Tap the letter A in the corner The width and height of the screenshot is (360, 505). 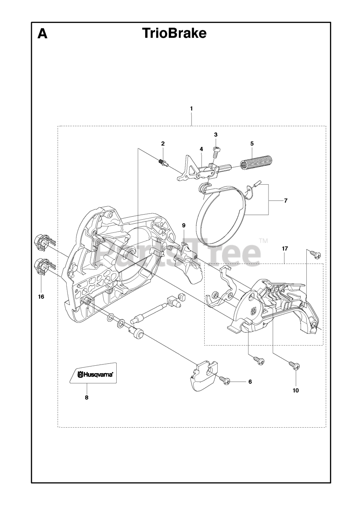pyautogui.click(x=42, y=34)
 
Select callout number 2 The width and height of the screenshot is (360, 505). pyautogui.click(x=162, y=144)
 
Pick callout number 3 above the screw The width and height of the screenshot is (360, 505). pyautogui.click(x=216, y=135)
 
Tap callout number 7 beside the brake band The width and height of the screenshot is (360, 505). pyautogui.click(x=285, y=200)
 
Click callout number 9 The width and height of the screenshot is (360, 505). pyautogui.click(x=183, y=225)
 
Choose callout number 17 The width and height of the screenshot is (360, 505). pyautogui.click(x=285, y=249)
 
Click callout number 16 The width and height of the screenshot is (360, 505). pyautogui.click(x=41, y=296)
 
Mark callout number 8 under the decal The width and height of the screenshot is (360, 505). pyautogui.click(x=86, y=397)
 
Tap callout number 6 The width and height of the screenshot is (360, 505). pyautogui.click(x=250, y=382)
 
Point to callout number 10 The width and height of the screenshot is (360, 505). pyautogui.click(x=296, y=391)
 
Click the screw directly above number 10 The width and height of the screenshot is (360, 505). pyautogui.click(x=294, y=365)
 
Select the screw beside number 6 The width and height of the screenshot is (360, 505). pyautogui.click(x=225, y=380)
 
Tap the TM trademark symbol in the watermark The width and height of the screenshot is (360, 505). pyautogui.click(x=263, y=241)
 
